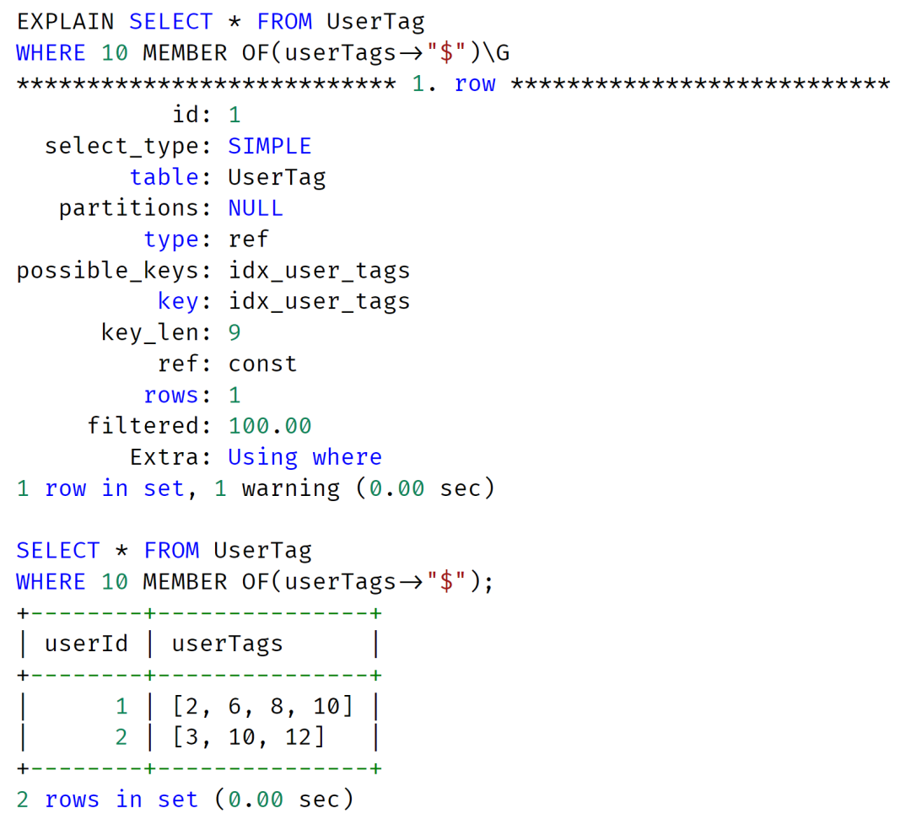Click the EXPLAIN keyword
(65, 21)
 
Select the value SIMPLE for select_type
(270, 146)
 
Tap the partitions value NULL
(256, 208)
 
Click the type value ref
(248, 239)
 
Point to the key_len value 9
(234, 332)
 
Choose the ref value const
(262, 364)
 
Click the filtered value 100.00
(270, 426)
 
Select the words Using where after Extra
(305, 457)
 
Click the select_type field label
(121, 147)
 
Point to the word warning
(290, 489)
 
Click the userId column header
(86, 644)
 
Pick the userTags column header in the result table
(227, 644)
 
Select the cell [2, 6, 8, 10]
(262, 706)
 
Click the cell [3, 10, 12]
(248, 737)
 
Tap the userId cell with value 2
(121, 737)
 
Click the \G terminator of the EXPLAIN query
(496, 53)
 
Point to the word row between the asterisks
(475, 84)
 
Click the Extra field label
(164, 457)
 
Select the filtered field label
(143, 426)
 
